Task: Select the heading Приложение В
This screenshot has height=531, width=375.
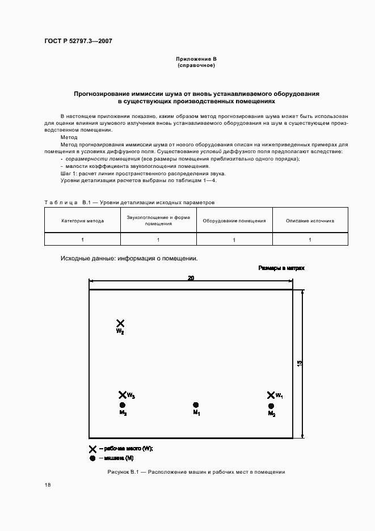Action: point(196,59)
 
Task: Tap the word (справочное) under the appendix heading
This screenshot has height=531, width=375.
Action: point(196,65)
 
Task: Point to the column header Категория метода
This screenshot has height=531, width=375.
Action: point(82,221)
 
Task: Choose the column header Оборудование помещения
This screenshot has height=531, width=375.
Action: point(234,221)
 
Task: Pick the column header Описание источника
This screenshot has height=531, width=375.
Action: point(310,221)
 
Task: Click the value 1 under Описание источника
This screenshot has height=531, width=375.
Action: point(310,239)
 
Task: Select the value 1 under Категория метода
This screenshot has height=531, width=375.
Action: point(82,239)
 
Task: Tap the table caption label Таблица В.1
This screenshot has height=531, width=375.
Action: point(60,202)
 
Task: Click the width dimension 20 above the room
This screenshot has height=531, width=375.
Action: point(191,278)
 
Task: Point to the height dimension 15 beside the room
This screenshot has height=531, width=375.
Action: point(300,363)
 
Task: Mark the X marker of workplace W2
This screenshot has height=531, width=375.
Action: point(120,323)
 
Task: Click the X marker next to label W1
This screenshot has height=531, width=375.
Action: point(271,395)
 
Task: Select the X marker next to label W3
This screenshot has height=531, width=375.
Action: point(122,395)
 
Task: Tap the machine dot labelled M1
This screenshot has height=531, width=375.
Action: point(196,405)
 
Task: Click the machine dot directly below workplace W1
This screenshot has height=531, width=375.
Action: point(271,406)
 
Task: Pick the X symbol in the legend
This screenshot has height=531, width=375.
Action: point(92,449)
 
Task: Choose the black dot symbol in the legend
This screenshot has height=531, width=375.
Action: point(92,458)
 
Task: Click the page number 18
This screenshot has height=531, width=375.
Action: point(48,485)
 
